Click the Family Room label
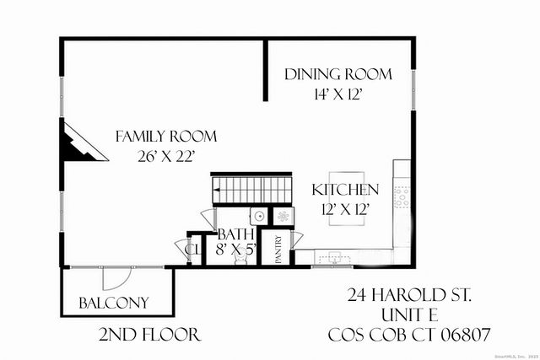pyautogui.click(x=166, y=136)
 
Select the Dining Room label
pyautogui.click(x=337, y=74)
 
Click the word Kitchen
pyautogui.click(x=345, y=190)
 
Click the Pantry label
pyautogui.click(x=278, y=250)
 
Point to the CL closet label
pyautogui.click(x=192, y=250)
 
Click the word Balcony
pyautogui.click(x=114, y=303)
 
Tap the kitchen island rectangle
pyautogui.click(x=345, y=196)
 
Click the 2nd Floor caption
pyautogui.click(x=149, y=335)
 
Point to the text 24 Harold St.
pyautogui.click(x=409, y=296)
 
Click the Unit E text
pyautogui.click(x=409, y=315)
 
